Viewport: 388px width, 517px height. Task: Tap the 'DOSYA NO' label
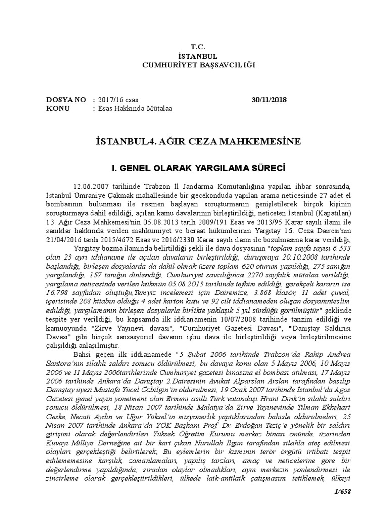[x=66, y=99]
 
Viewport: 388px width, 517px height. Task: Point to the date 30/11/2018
[x=269, y=99]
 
